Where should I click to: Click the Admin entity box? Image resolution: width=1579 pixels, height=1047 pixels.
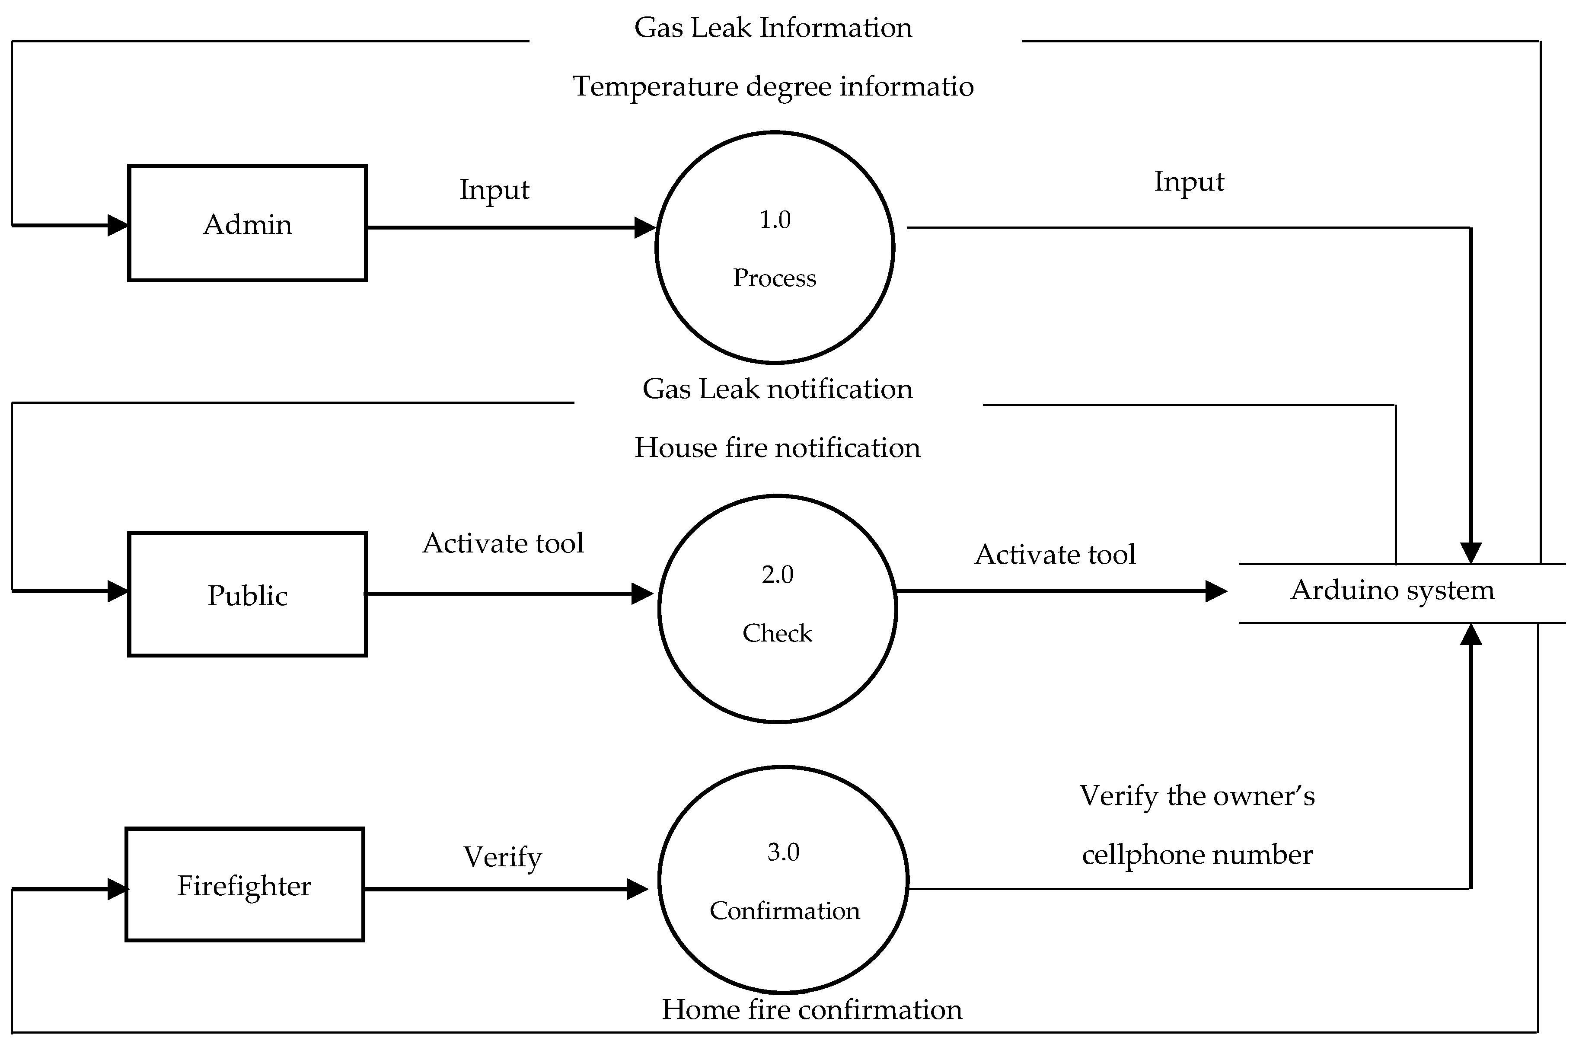[x=247, y=223]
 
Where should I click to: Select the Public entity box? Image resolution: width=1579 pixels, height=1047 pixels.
[x=247, y=594]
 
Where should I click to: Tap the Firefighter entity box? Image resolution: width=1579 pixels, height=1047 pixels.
[x=244, y=885]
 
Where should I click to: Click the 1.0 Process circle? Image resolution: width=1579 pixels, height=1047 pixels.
[x=775, y=247]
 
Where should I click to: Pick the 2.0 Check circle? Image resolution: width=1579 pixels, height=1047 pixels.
[x=777, y=608]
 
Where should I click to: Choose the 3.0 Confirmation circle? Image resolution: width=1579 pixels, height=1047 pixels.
[x=783, y=879]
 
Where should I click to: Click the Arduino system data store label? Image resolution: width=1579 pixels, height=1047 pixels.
[x=1392, y=590]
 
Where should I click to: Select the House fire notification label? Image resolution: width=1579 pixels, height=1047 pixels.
[x=776, y=448]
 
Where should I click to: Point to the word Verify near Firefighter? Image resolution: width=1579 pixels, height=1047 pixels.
[x=502, y=857]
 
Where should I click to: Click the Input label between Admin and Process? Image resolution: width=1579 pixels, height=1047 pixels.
[x=494, y=190]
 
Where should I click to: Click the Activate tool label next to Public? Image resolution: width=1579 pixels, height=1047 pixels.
[x=503, y=543]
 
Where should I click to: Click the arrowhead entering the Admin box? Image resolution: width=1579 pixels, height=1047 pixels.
[x=118, y=225]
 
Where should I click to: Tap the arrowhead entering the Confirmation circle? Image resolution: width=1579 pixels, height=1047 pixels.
[x=637, y=889]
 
